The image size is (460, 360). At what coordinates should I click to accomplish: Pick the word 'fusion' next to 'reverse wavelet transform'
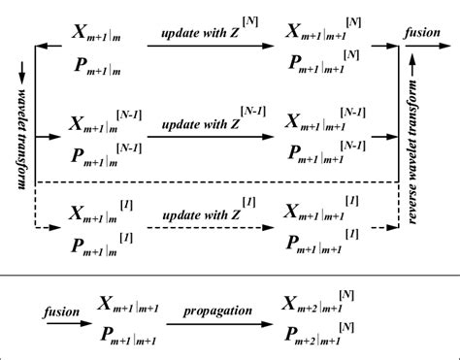[x=422, y=32]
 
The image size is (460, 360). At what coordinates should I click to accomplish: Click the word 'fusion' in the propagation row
[x=36, y=313]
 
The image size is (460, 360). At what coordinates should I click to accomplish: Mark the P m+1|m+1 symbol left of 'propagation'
[x=127, y=336]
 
